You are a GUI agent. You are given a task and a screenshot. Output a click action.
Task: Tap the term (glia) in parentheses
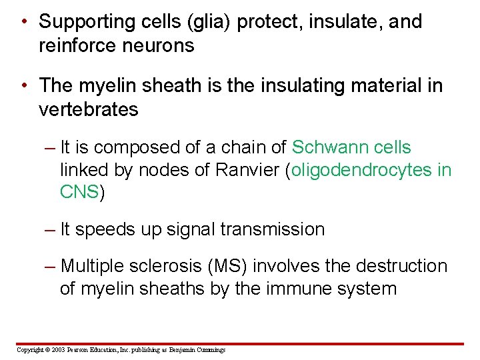click(205, 21)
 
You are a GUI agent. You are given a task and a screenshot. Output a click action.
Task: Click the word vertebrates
click(89, 109)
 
